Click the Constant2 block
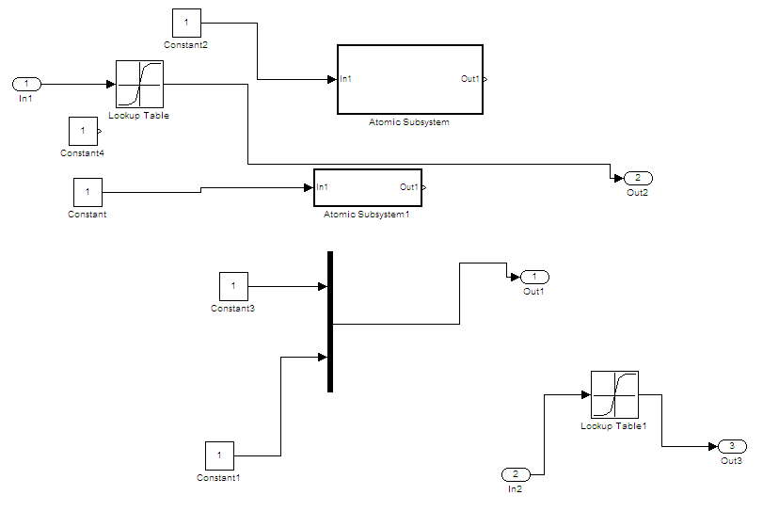point(186,23)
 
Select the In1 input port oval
point(26,84)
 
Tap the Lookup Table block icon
point(139,85)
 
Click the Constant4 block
point(83,131)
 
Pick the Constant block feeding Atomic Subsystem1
point(87,193)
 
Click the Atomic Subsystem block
point(409,79)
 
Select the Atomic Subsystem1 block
point(367,187)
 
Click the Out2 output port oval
point(638,178)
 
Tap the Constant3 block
point(233,286)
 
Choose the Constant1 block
point(219,456)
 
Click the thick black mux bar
point(330,322)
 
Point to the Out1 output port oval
point(534,277)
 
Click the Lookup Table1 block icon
point(614,394)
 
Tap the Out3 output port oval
point(732,446)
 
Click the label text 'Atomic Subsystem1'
point(367,215)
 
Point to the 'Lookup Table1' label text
point(613,426)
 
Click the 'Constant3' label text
point(232,308)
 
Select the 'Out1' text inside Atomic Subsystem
point(469,79)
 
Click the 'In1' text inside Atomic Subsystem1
point(323,187)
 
